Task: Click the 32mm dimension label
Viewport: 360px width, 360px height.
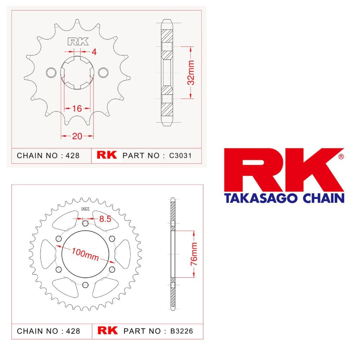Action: coord(191,72)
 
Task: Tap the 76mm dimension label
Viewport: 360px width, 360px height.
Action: coord(194,254)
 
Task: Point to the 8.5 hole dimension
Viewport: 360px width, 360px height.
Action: coord(105,219)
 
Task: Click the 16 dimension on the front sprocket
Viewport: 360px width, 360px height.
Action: coord(77,109)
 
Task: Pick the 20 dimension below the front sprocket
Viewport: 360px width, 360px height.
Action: coord(77,136)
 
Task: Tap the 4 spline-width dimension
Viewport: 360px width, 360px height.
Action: coord(94,52)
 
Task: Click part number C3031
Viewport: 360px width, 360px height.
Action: coord(180,156)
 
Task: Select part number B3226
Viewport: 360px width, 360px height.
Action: coord(182,331)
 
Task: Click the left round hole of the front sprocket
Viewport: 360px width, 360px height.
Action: coord(51,72)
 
